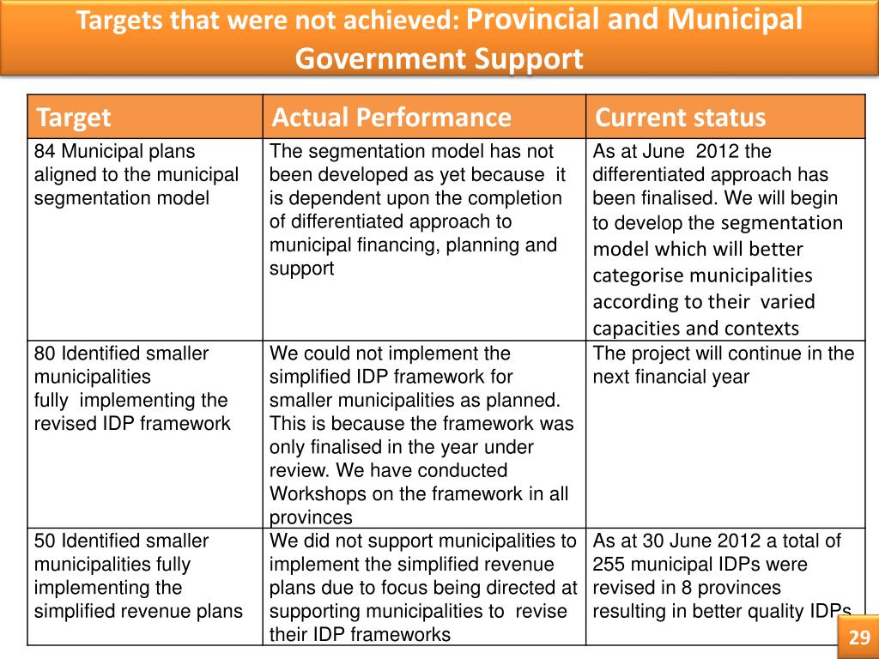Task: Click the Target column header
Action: pyautogui.click(x=74, y=118)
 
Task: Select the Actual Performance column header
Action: pyautogui.click(x=391, y=117)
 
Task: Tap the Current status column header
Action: pyautogui.click(x=680, y=117)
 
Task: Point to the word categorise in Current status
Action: pyautogui.click(x=637, y=275)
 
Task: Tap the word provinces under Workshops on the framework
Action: pyautogui.click(x=311, y=517)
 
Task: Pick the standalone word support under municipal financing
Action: pyautogui.click(x=301, y=269)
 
